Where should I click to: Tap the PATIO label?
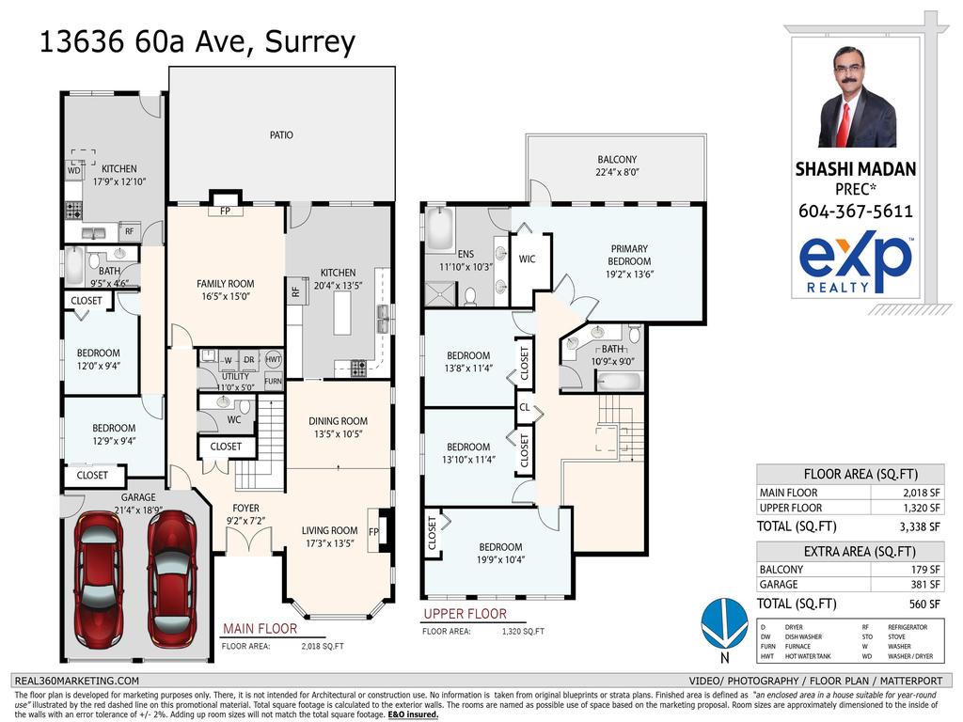tap(281, 135)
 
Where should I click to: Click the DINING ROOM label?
tap(338, 421)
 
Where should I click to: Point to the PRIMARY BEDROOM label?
tap(628, 256)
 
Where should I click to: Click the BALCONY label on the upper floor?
tap(617, 160)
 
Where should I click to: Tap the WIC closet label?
tap(527, 259)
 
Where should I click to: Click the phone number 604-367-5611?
tap(855, 212)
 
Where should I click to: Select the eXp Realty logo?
tap(855, 263)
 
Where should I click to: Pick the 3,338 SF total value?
tap(921, 526)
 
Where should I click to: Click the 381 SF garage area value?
tap(927, 584)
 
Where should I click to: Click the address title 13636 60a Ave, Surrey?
tap(197, 42)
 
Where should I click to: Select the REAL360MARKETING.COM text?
tap(78, 681)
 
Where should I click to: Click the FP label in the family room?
tap(226, 211)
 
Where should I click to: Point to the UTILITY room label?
tap(235, 376)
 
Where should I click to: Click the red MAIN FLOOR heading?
tap(260, 629)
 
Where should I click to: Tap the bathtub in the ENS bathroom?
tap(440, 231)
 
